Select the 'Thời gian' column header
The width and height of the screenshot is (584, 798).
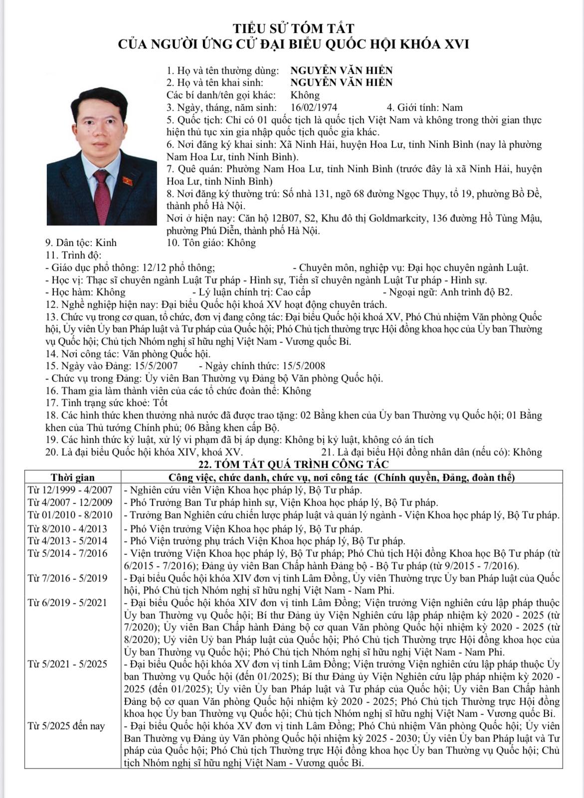(x=73, y=477)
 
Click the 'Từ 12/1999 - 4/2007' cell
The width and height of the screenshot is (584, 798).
(x=70, y=490)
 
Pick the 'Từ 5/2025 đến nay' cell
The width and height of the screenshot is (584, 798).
(x=66, y=726)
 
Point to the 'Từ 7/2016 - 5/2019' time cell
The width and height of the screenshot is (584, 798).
(x=67, y=579)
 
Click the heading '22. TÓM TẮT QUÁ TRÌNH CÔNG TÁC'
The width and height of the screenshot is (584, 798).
(x=293, y=465)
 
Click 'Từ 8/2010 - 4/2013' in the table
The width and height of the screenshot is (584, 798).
(x=68, y=528)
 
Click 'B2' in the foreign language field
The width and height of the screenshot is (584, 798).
(x=505, y=292)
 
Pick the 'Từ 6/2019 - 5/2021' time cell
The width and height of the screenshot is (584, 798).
(x=67, y=603)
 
